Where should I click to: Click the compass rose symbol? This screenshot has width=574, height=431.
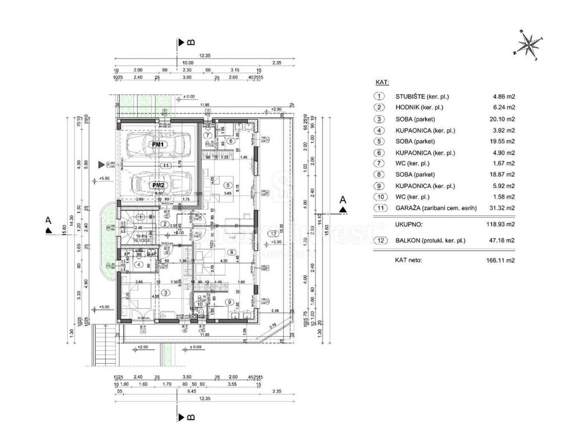[x=528, y=45]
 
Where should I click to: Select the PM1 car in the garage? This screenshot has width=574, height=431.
[x=158, y=145]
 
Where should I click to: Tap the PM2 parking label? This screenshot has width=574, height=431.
[x=158, y=185]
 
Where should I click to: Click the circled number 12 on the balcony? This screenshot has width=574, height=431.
[x=273, y=233]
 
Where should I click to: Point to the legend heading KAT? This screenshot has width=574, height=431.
[x=382, y=82]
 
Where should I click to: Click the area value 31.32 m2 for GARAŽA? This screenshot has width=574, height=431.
[x=502, y=208]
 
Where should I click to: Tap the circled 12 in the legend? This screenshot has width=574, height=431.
[x=379, y=241]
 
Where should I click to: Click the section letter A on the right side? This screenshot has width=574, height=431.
[x=344, y=200]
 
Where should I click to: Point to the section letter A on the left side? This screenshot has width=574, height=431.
[x=49, y=221]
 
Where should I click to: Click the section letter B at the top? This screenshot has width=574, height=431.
[x=191, y=42]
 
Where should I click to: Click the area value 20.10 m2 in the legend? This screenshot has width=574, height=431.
[x=502, y=119]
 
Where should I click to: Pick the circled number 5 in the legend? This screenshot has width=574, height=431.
[x=379, y=141]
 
